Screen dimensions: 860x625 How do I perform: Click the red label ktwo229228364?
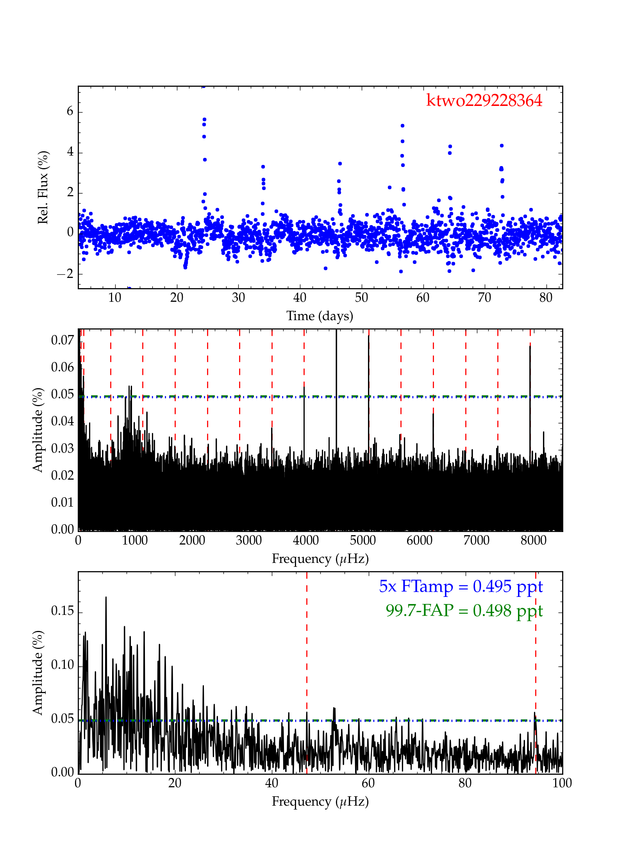coord(484,101)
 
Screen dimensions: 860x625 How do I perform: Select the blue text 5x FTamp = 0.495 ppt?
coord(461,586)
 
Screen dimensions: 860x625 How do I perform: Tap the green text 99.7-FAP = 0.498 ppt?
coord(464,611)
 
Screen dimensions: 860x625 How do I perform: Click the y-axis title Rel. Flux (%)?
coord(43,187)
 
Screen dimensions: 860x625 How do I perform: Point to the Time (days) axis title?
coord(320,316)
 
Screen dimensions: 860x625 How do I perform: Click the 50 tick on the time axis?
coord(361,298)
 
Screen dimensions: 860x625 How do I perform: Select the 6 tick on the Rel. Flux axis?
coord(70,112)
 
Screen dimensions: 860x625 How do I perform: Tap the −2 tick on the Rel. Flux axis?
coord(65,274)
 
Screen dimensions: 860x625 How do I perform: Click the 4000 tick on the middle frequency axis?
coord(305,541)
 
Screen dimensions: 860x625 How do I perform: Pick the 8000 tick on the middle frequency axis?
coord(533,541)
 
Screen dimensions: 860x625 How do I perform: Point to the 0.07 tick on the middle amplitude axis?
coord(62,340)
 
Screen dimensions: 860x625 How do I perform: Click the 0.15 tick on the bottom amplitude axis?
coord(62,611)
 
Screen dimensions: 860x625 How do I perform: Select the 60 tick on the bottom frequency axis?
coord(368,783)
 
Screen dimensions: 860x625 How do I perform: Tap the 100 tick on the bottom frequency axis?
coord(562,783)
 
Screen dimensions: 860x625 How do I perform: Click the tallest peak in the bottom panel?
coord(106,597)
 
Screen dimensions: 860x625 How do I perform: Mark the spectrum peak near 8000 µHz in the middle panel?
coord(530,346)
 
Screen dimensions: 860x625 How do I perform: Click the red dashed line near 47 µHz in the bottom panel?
coord(307,665)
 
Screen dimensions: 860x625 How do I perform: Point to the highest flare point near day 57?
coord(402,126)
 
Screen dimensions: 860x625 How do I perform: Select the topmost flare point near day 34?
coord(263,167)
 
